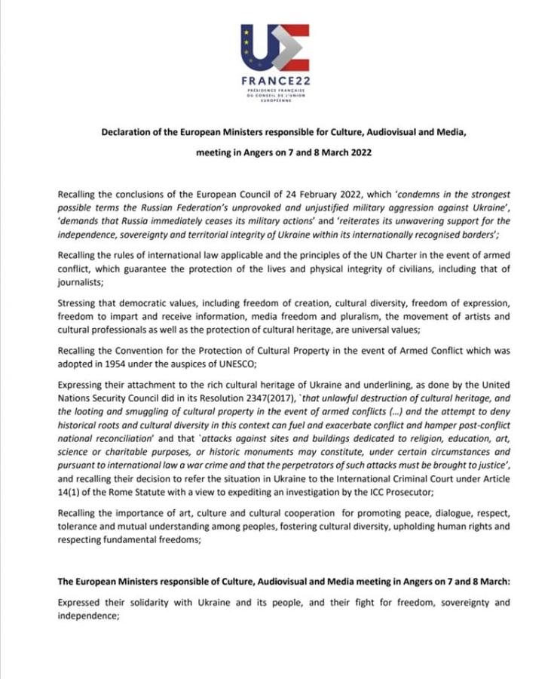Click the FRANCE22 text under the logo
pyautogui.click(x=274, y=81)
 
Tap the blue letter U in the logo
pyautogui.click(x=258, y=47)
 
